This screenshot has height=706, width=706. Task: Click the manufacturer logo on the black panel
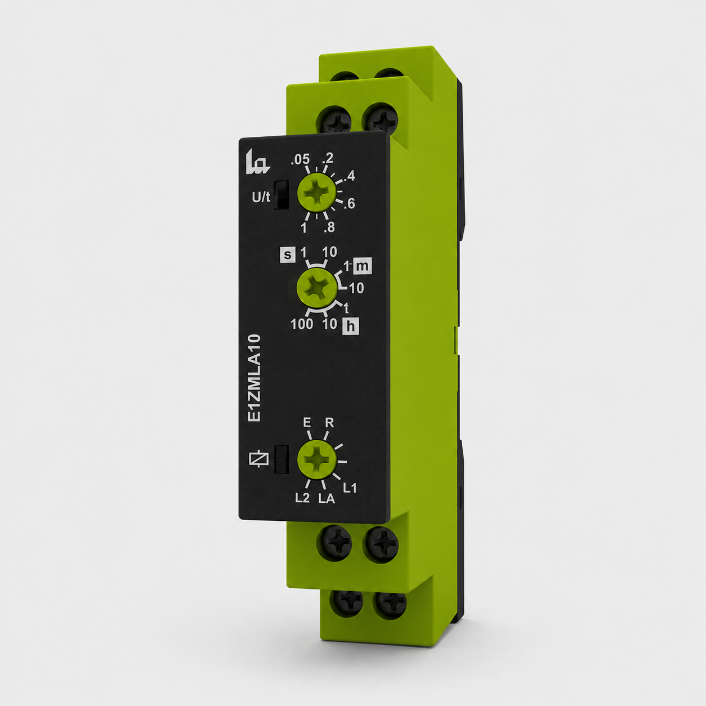pyautogui.click(x=257, y=162)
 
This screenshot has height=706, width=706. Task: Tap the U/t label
pyautogui.click(x=261, y=198)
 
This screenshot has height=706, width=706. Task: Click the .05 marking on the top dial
pyautogui.click(x=300, y=159)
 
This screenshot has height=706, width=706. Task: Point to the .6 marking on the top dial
pyautogui.click(x=350, y=204)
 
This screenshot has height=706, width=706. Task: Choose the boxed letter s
pyautogui.click(x=288, y=255)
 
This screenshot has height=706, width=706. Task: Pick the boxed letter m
pyautogui.click(x=362, y=266)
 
